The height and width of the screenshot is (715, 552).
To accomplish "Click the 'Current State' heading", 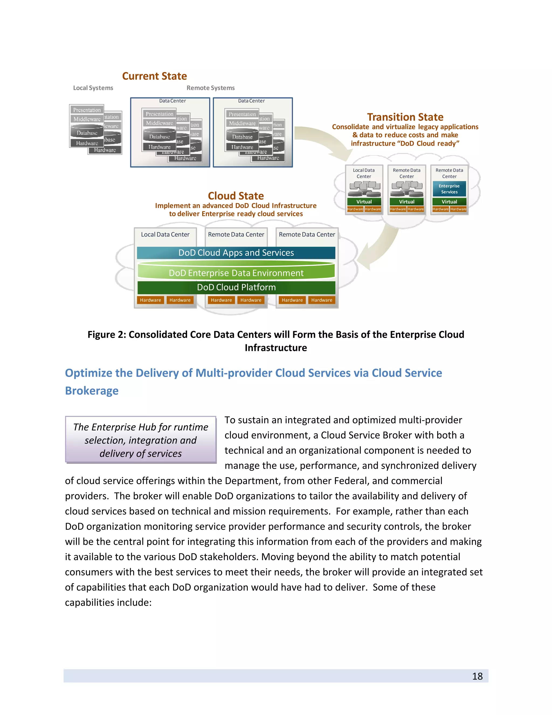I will point(154,76).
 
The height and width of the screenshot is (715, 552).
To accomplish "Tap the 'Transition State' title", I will point(405,117).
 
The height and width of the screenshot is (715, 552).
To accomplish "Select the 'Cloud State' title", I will point(236,196).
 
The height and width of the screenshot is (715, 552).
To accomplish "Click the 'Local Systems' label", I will point(93,88).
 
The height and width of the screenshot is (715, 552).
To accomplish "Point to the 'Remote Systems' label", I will point(211,88).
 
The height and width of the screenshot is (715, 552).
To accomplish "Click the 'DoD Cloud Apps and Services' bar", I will point(236,253).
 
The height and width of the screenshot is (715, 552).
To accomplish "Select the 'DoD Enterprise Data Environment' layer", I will point(236,273).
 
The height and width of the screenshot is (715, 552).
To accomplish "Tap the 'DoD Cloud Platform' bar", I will point(236,287).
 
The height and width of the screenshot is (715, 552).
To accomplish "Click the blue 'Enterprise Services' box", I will point(449,189).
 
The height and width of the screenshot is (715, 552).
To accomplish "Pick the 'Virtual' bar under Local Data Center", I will point(364,202).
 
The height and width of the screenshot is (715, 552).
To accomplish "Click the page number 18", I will point(477,676).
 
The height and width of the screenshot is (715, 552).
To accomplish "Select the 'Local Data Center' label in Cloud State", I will point(165,234).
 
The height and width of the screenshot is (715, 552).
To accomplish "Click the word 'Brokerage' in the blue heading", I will point(92,391).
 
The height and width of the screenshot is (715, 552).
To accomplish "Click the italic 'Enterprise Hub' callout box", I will point(141,440).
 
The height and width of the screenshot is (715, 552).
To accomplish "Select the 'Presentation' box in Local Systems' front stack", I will point(87,110).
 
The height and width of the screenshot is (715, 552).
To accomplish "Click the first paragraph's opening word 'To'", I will point(230,420).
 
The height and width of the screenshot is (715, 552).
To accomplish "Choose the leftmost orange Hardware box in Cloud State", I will point(150,300).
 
